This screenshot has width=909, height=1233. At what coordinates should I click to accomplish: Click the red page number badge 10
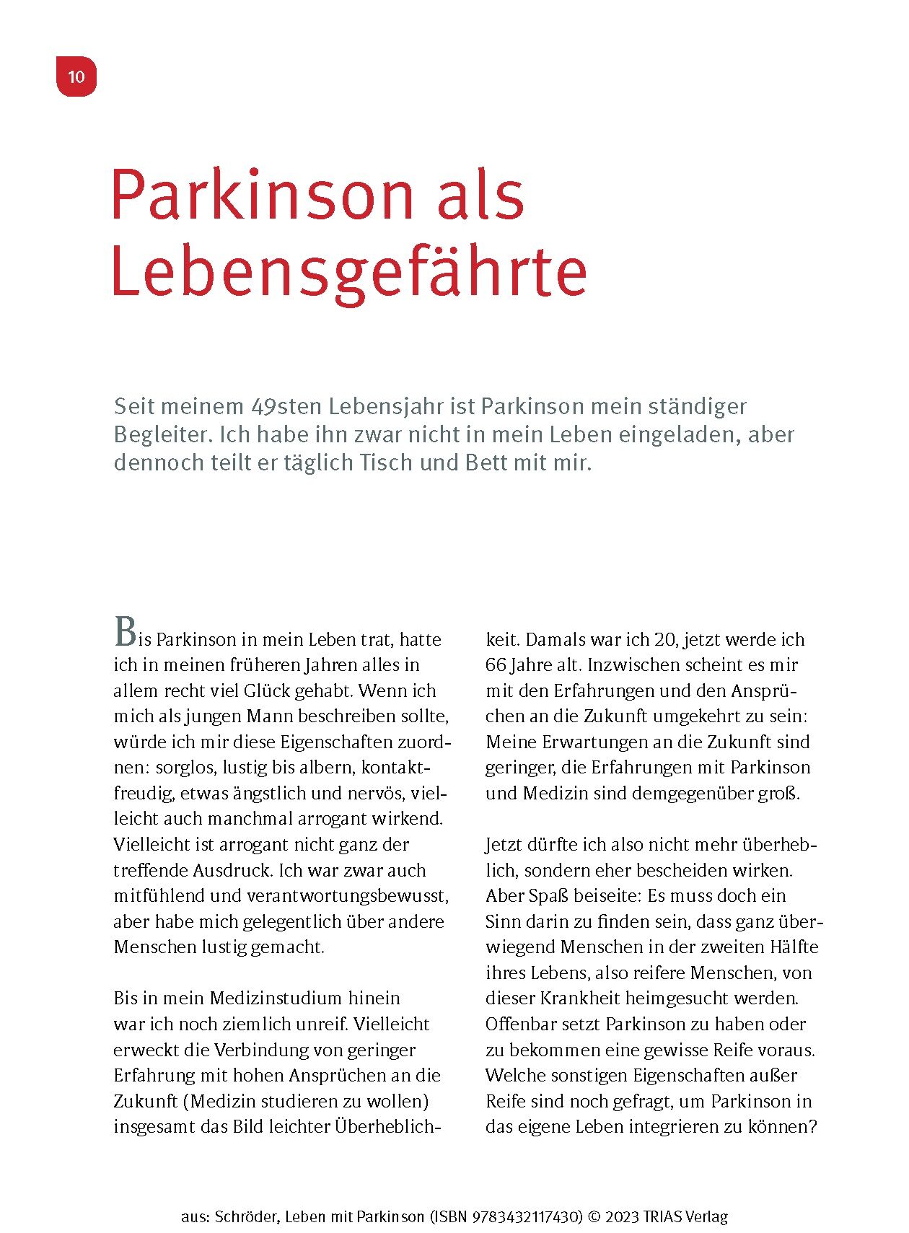click(x=76, y=76)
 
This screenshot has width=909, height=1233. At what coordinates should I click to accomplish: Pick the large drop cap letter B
click(x=125, y=632)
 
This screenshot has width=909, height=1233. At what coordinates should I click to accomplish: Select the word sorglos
click(x=184, y=767)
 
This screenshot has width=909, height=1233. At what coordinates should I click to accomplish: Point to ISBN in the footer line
click(x=452, y=1216)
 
